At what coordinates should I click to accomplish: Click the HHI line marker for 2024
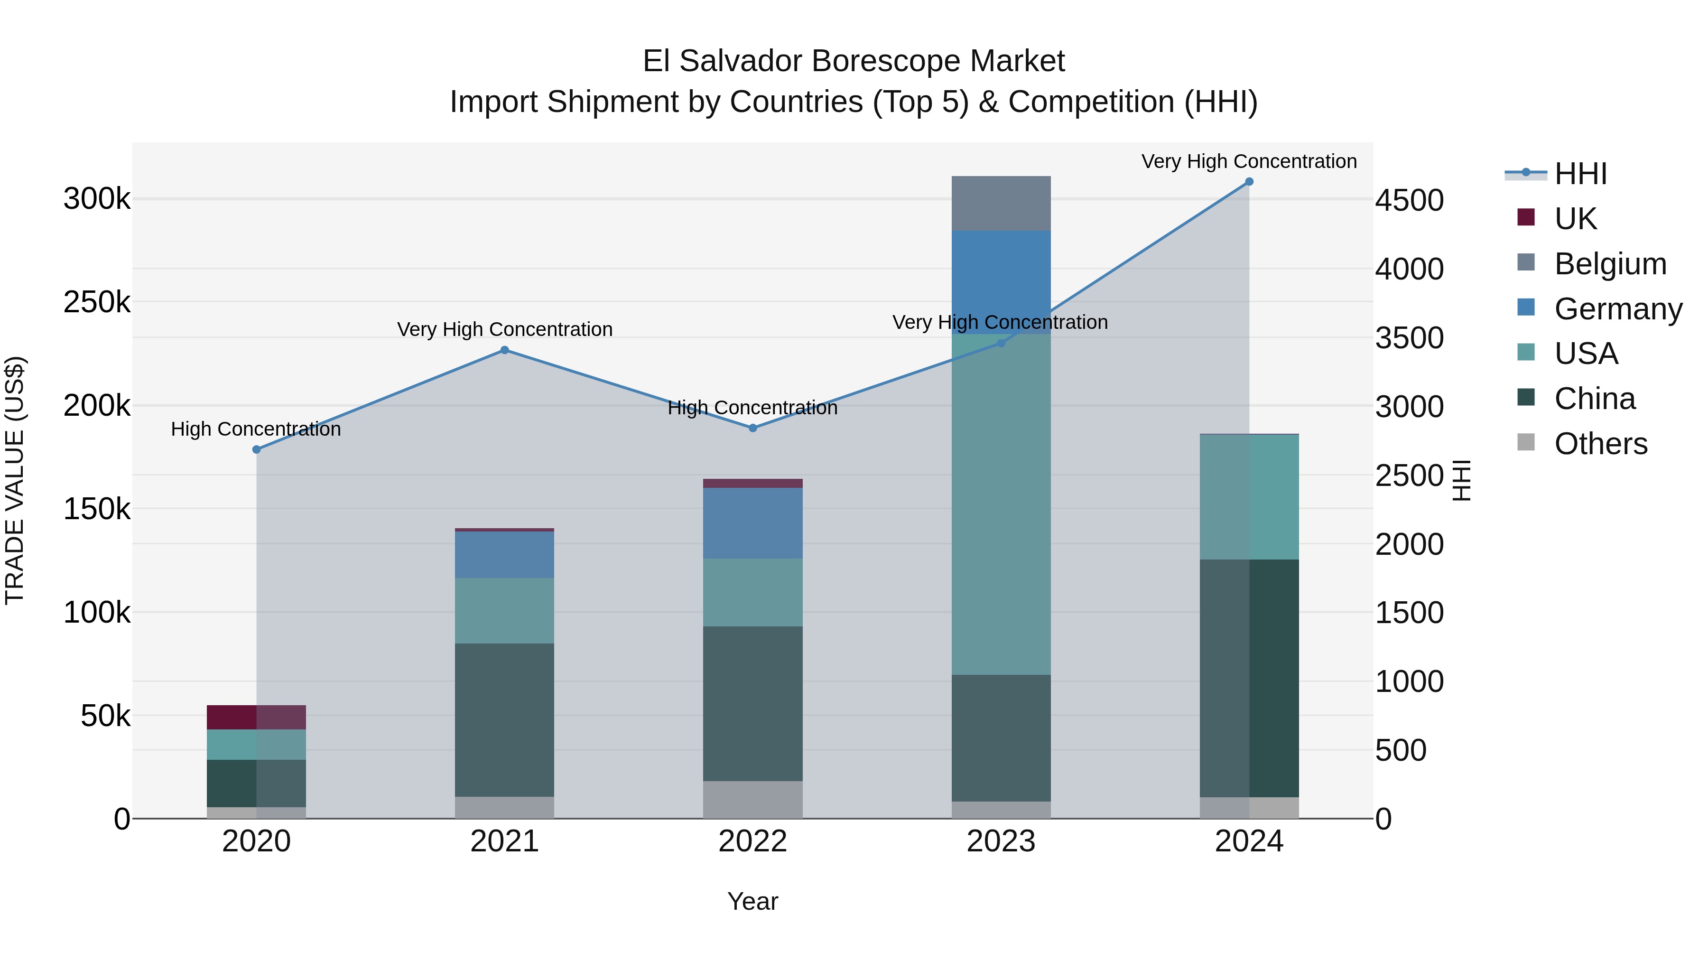point(1249,182)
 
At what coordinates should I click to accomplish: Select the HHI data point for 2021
point(505,350)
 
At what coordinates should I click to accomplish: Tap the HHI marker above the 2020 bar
point(257,450)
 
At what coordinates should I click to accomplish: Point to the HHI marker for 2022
point(752,429)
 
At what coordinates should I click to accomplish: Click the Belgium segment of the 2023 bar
point(1001,204)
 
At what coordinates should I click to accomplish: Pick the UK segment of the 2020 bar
point(257,717)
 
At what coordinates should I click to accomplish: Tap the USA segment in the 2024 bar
point(1249,497)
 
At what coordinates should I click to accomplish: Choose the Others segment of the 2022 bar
point(752,799)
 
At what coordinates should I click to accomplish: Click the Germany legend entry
point(1618,309)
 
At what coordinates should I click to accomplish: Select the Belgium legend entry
point(1610,264)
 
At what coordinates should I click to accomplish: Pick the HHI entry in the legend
point(1581,174)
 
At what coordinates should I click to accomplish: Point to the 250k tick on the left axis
point(97,302)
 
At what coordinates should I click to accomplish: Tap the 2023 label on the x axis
point(1001,841)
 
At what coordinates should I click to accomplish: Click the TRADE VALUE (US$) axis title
point(15,480)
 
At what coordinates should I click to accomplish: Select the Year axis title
point(752,901)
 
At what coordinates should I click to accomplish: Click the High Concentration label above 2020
point(256,429)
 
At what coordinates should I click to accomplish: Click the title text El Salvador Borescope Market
point(854,61)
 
